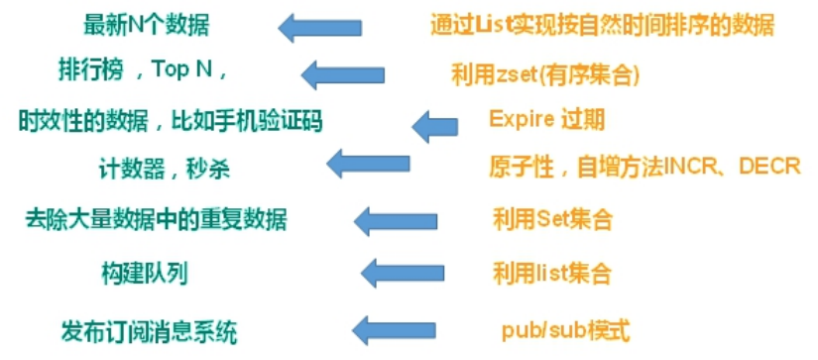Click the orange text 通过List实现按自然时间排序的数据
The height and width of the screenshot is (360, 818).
click(x=603, y=23)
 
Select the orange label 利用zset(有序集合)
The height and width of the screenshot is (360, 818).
click(x=543, y=73)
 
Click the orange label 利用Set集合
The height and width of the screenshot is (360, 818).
click(x=552, y=218)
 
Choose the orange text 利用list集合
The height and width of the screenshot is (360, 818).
click(x=551, y=272)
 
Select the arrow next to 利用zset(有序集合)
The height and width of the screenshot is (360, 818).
click(x=341, y=73)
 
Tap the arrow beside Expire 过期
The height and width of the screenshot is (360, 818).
click(x=434, y=124)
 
